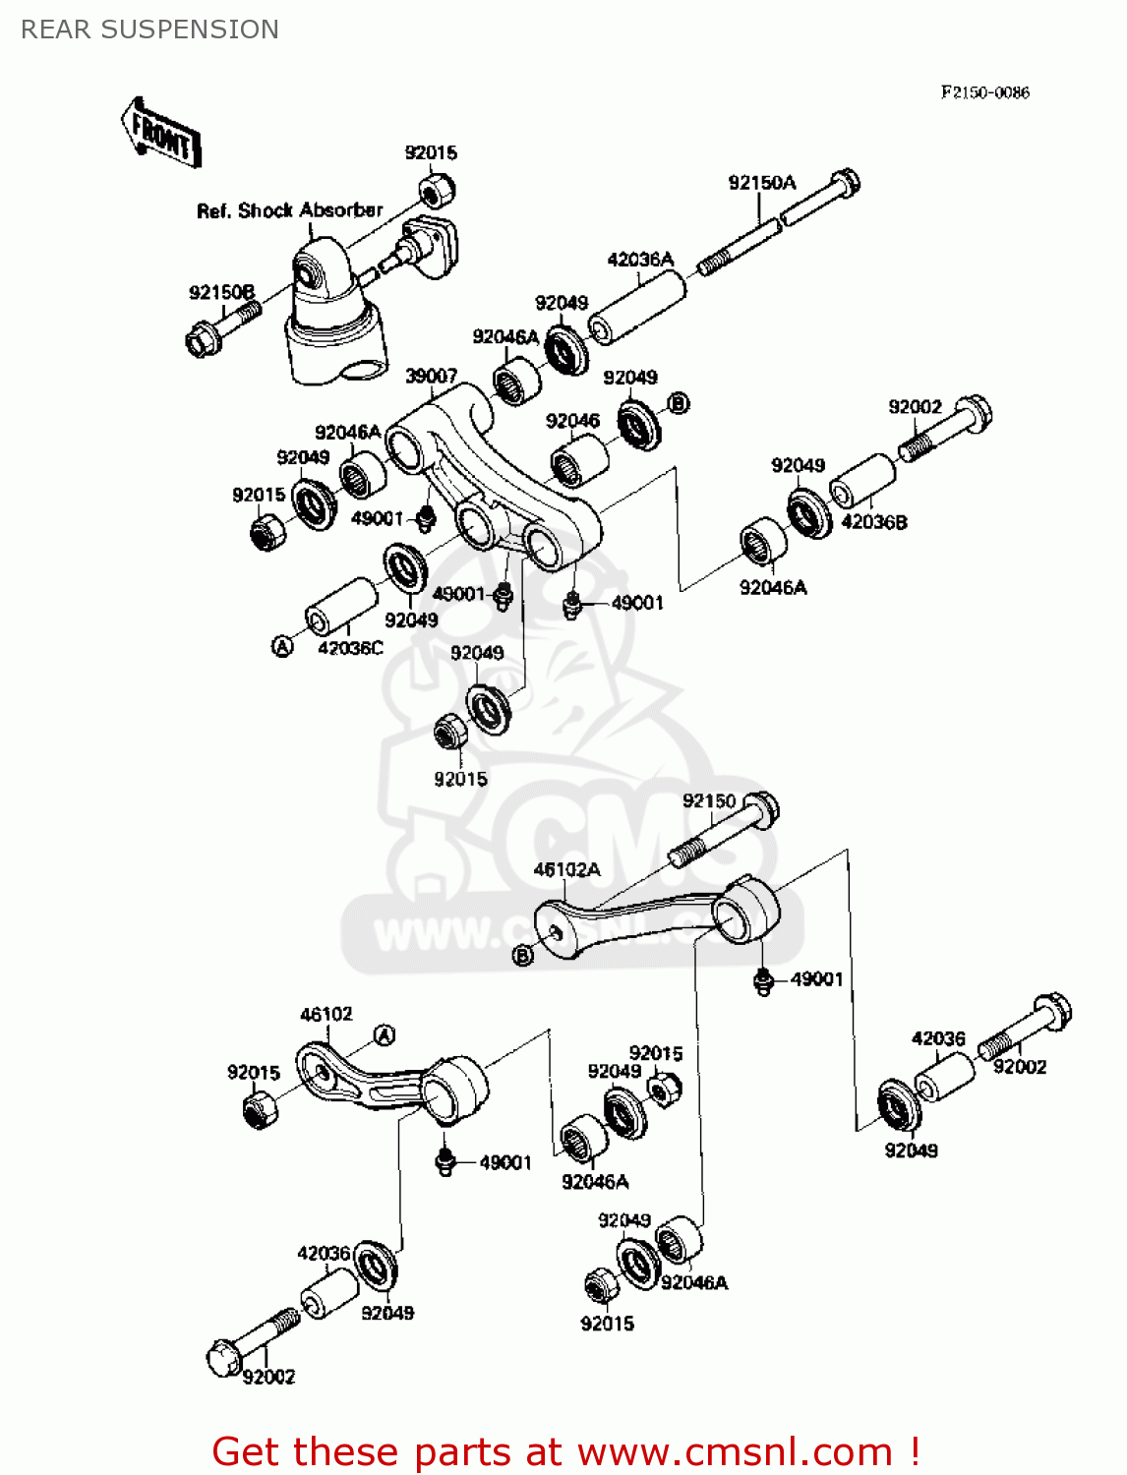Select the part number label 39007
(432, 376)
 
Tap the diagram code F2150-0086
(984, 92)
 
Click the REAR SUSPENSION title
(149, 29)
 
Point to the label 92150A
(761, 183)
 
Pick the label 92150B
(221, 292)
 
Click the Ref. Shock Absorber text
(289, 210)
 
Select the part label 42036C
(351, 648)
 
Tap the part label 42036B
(874, 522)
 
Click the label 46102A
(566, 869)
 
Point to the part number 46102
(326, 1014)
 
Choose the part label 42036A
(640, 260)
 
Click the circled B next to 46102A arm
(523, 955)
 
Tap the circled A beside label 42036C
(282, 646)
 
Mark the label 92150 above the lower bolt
(709, 801)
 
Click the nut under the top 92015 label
(436, 189)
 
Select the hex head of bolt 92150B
(202, 340)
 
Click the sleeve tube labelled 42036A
(638, 308)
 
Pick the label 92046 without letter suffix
(572, 421)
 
